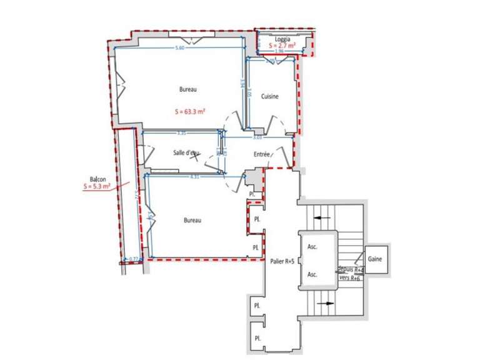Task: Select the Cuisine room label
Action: coord(269,96)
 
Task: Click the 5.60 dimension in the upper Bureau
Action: coord(179,48)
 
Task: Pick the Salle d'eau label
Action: coord(186,153)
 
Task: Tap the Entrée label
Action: coord(261,154)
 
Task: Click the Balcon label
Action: coord(97,179)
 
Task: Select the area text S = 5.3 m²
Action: coord(97,186)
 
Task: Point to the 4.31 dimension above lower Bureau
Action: coord(194,177)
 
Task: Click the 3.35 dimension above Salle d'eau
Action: coord(181,133)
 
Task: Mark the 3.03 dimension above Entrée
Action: coord(257,137)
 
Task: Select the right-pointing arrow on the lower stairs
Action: coord(327,304)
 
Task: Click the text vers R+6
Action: coord(349,277)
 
